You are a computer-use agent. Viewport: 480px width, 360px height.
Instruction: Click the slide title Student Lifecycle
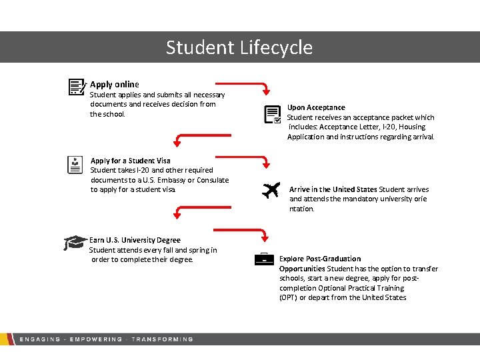pyautogui.click(x=239, y=47)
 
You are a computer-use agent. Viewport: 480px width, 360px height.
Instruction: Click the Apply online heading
pyautogui.click(x=115, y=84)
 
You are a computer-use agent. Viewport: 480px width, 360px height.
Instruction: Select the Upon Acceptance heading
pyautogui.click(x=316, y=107)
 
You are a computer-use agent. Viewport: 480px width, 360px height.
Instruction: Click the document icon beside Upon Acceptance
pyautogui.click(x=273, y=115)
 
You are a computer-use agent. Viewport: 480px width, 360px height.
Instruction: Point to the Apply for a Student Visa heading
pyautogui.click(x=130, y=161)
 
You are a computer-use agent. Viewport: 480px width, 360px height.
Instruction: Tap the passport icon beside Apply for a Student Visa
pyautogui.click(x=76, y=165)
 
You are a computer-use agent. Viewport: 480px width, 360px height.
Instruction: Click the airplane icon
pyautogui.click(x=271, y=191)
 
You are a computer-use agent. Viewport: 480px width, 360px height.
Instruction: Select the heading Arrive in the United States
pyautogui.click(x=333, y=189)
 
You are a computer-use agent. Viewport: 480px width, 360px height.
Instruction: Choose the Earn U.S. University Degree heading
pyautogui.click(x=135, y=240)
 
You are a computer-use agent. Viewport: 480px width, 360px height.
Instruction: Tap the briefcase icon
pyautogui.click(x=265, y=259)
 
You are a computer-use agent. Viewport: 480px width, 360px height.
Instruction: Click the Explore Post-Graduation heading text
pyautogui.click(x=320, y=259)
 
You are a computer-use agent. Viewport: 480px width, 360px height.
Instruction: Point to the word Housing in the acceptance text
pyautogui.click(x=412, y=127)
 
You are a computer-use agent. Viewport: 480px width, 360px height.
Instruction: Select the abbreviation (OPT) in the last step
pyautogui.click(x=288, y=297)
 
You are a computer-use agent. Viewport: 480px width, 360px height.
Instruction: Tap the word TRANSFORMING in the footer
pyautogui.click(x=162, y=339)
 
